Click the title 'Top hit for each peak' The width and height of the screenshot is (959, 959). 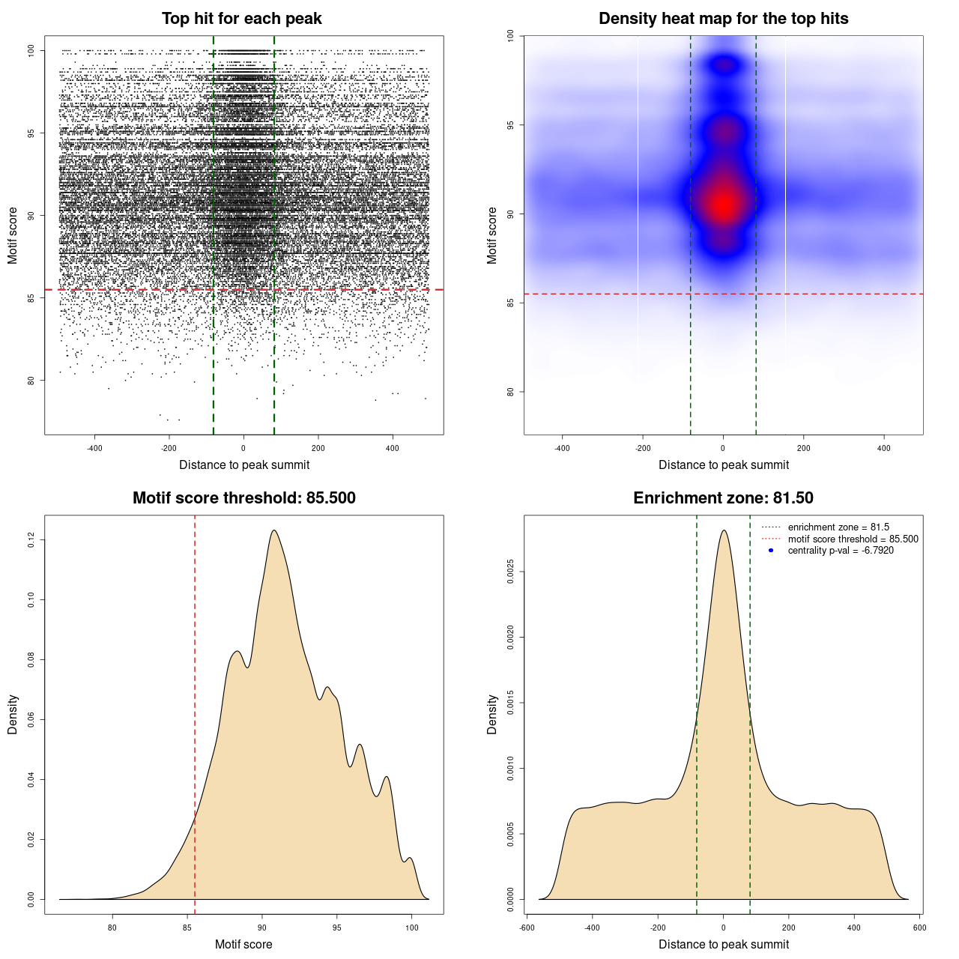click(x=241, y=19)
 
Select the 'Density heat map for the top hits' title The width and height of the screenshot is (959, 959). click(x=723, y=19)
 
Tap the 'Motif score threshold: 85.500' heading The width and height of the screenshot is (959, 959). click(x=243, y=498)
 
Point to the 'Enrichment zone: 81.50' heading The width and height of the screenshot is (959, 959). click(x=723, y=498)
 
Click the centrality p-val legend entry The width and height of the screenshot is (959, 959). click(x=840, y=551)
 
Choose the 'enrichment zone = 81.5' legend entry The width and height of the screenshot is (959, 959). click(x=838, y=527)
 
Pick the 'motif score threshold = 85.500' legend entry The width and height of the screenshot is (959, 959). click(x=853, y=539)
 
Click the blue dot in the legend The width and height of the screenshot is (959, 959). click(x=771, y=551)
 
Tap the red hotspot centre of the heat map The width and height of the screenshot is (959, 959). click(x=723, y=203)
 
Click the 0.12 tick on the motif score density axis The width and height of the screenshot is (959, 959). click(x=31, y=539)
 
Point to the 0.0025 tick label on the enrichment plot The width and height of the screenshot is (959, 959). click(x=510, y=572)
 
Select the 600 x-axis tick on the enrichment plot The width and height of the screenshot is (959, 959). click(x=919, y=928)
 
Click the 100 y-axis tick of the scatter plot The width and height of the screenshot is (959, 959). click(x=31, y=51)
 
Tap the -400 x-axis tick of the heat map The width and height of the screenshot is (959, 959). click(x=562, y=448)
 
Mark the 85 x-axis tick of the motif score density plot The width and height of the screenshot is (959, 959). click(x=187, y=928)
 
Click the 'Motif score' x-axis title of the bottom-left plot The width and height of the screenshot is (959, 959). click(x=243, y=944)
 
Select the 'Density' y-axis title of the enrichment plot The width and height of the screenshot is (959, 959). click(x=492, y=714)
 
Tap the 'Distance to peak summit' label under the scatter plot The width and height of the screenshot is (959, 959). click(x=244, y=465)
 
